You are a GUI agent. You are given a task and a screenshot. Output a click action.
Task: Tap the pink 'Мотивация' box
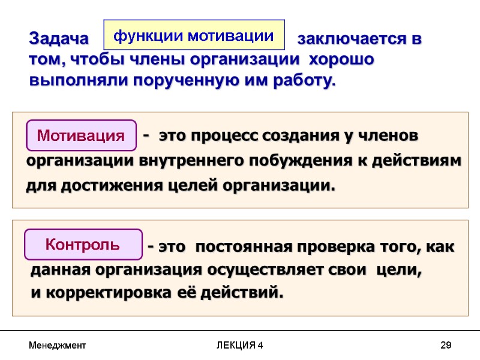tap(81, 136)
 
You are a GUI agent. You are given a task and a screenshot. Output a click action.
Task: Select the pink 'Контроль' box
tap(83, 245)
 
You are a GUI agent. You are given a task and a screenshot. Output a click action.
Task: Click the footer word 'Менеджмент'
tap(58, 346)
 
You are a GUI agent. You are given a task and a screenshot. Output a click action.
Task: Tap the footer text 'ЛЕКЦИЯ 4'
tap(240, 346)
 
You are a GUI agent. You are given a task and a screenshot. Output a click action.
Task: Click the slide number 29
tap(445, 346)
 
